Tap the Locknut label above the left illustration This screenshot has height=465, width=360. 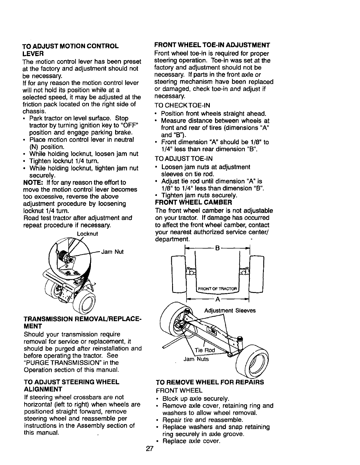pyautogui.click(x=87, y=234)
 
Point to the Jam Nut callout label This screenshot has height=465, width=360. pyautogui.click(x=112, y=251)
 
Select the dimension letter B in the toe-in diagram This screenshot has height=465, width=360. pyautogui.click(x=217, y=249)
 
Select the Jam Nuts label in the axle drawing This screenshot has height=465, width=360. pyautogui.click(x=196, y=359)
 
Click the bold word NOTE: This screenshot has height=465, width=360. pyautogui.click(x=33, y=183)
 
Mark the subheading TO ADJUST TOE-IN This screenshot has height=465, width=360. pyautogui.click(x=183, y=159)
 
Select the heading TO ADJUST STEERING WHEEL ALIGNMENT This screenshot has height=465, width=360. pyautogui.click(x=71, y=386)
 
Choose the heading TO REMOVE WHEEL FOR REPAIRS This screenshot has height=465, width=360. pyautogui.click(x=210, y=382)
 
